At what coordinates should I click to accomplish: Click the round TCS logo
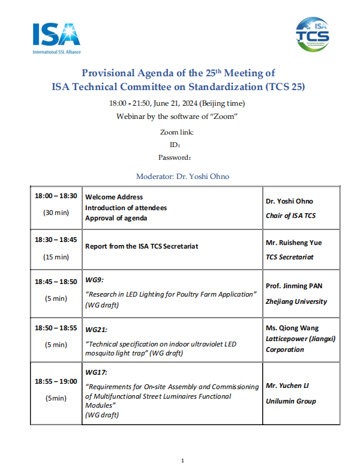pos(312,35)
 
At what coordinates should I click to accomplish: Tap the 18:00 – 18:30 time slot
pos(56,196)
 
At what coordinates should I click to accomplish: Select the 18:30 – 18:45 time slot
pos(56,239)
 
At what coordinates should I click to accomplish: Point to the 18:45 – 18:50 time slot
pos(56,281)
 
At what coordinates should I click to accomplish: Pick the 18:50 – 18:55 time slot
pos(56,328)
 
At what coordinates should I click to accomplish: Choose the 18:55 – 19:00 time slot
pos(56,381)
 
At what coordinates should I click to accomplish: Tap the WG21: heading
pos(97,330)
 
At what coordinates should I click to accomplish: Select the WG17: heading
pos(97,373)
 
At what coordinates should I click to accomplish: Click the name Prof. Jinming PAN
pos(295,286)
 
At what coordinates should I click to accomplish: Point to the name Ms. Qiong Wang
pos(293,328)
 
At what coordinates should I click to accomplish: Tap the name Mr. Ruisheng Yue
pos(293,243)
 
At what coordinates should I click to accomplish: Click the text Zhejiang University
pos(296,301)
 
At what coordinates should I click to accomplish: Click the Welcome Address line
pos(114,197)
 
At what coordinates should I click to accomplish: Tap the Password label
pos(175,158)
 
